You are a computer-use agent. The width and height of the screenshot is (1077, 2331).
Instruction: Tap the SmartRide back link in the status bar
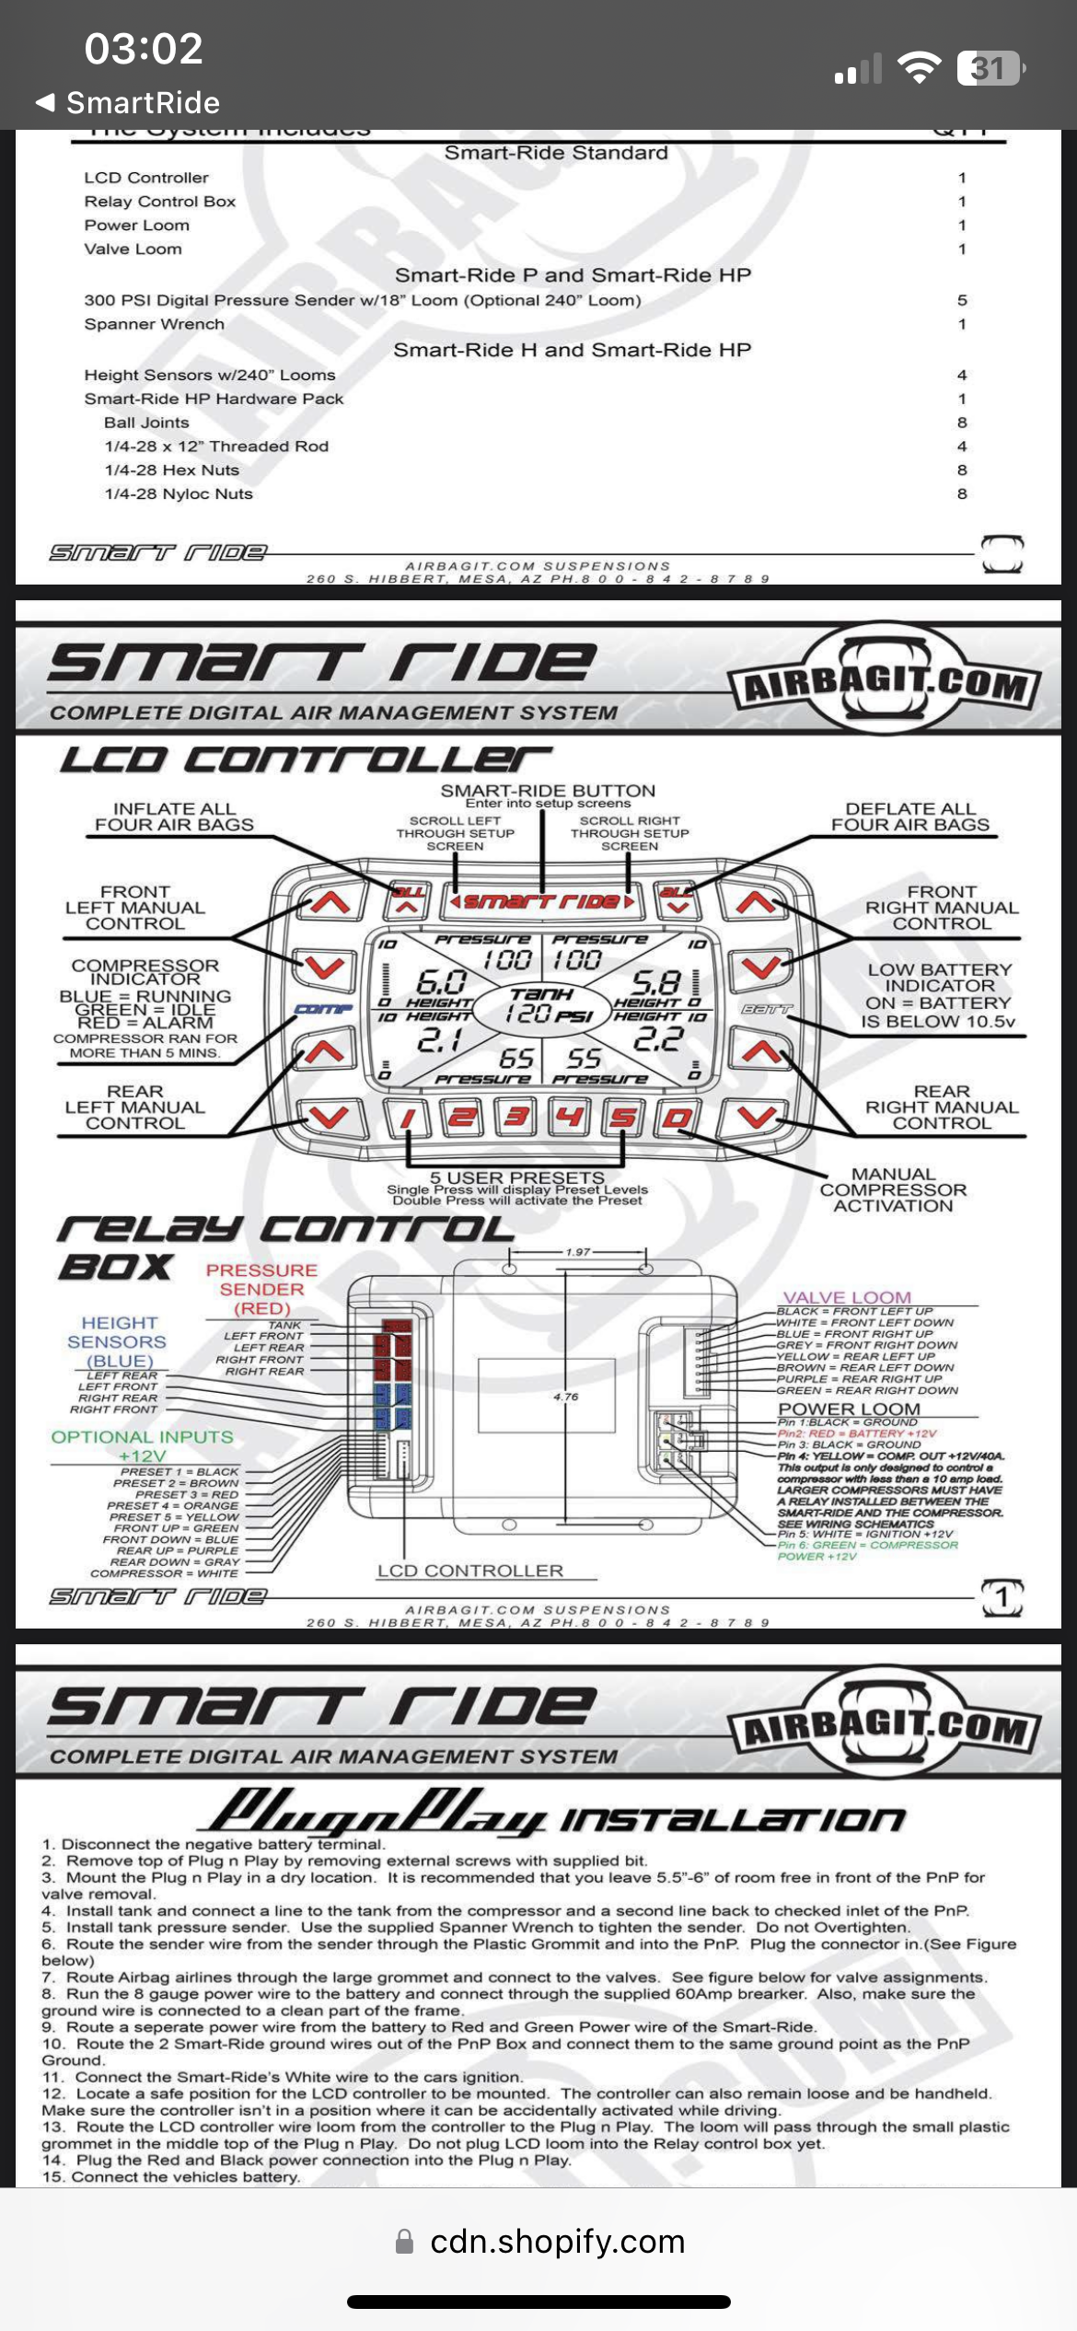coord(129,102)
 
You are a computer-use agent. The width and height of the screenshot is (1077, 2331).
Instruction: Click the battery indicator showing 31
coord(990,68)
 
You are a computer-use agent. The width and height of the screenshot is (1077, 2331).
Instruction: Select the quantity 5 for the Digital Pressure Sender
coord(962,300)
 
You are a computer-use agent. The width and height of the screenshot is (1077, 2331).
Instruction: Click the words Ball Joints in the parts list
coord(146,423)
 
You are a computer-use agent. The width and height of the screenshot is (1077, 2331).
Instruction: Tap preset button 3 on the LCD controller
coord(516,1118)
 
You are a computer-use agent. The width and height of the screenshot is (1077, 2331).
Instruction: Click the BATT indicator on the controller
coord(766,1010)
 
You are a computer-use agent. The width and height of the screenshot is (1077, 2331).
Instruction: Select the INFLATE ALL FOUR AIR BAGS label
coord(174,817)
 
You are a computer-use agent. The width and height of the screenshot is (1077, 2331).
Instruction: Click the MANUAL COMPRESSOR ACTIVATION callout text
coord(893,1189)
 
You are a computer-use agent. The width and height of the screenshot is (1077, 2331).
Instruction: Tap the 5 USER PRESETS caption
coord(517,1177)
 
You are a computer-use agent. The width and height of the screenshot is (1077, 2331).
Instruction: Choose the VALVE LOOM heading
coord(847,1297)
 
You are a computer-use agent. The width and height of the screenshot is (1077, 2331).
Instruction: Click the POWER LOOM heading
coord(849,1409)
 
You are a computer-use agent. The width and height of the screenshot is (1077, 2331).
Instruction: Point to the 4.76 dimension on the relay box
coord(566,1397)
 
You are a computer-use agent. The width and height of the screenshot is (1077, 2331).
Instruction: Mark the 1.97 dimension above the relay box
coord(578,1252)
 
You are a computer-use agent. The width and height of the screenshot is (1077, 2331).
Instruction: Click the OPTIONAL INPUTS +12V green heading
coord(142,1445)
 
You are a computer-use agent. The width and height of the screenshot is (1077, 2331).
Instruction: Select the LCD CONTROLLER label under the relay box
coord(470,1571)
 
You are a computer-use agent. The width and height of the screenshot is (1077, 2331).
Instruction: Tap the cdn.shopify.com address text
coord(557,2242)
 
